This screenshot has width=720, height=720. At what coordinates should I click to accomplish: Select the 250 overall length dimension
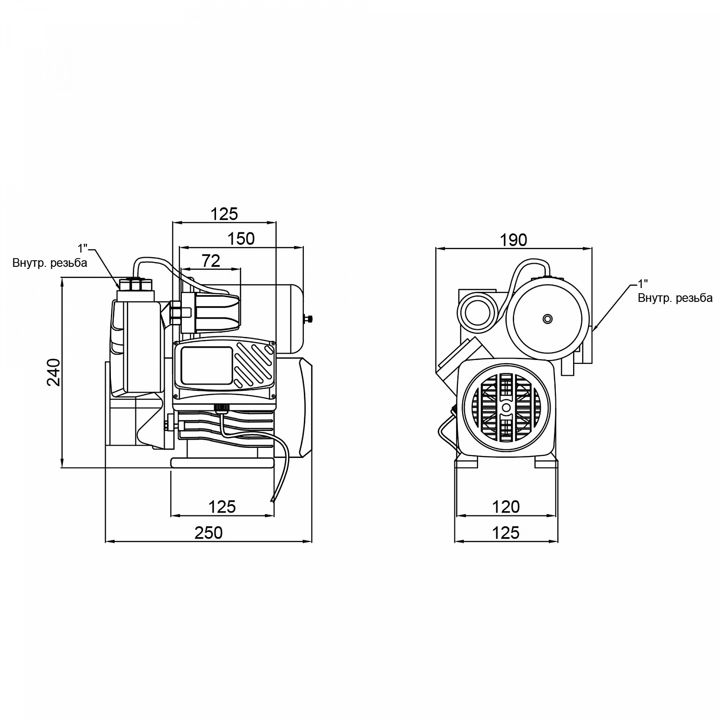[x=209, y=532]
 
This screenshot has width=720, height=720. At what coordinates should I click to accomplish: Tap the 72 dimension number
[x=211, y=261]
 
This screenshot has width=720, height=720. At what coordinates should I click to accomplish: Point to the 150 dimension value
[x=241, y=239]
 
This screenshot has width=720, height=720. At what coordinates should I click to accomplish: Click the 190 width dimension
[x=514, y=240]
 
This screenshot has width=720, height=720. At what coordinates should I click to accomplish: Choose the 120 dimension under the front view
[x=506, y=506]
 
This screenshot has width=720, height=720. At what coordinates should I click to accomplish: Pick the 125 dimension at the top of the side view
[x=224, y=214]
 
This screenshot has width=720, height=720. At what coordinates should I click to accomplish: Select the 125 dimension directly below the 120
[x=506, y=532]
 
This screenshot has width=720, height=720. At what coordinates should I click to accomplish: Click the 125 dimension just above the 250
[x=222, y=506]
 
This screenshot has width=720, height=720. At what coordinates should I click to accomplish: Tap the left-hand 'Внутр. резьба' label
[x=50, y=263]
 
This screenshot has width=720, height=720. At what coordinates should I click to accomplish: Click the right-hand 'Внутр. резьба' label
[x=675, y=298]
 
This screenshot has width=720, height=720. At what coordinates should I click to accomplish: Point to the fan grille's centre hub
[x=506, y=407]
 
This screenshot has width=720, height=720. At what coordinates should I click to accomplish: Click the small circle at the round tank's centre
[x=547, y=319]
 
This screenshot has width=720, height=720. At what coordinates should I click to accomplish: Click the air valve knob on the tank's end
[x=310, y=318]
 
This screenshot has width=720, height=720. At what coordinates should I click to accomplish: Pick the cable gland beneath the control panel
[x=221, y=408]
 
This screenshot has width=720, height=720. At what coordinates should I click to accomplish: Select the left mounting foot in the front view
[x=467, y=462]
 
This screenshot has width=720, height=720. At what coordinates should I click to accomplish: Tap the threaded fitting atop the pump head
[x=134, y=285]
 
